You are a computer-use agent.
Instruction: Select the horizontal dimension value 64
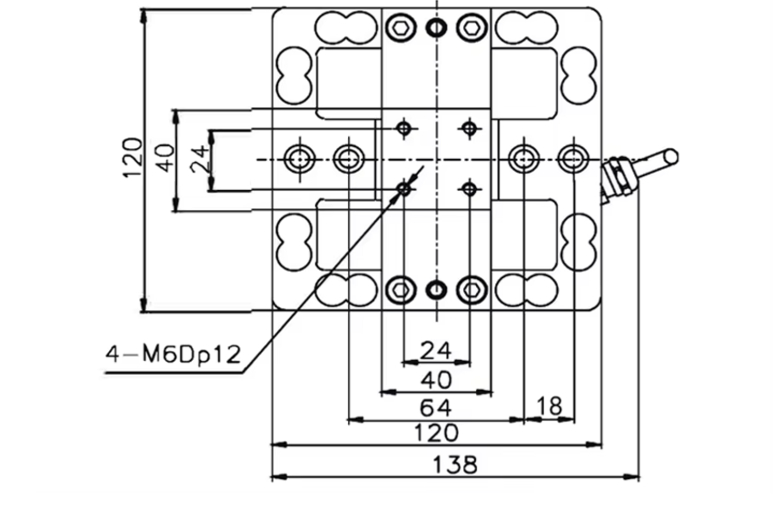click(x=437, y=406)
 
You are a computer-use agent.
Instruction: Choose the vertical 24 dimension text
click(x=198, y=160)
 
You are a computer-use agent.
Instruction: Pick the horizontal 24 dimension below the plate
click(x=436, y=349)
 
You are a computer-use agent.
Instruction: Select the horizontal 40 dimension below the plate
click(x=436, y=378)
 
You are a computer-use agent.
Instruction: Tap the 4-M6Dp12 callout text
click(x=173, y=355)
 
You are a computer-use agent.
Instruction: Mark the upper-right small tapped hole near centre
click(x=469, y=127)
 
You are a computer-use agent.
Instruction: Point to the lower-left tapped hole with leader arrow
click(x=403, y=188)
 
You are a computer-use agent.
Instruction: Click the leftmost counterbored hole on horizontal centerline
click(x=298, y=159)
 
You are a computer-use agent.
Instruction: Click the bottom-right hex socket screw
click(x=470, y=290)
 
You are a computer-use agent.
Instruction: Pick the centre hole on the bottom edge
click(x=436, y=290)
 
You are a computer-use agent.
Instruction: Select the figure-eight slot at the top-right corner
click(x=528, y=27)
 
